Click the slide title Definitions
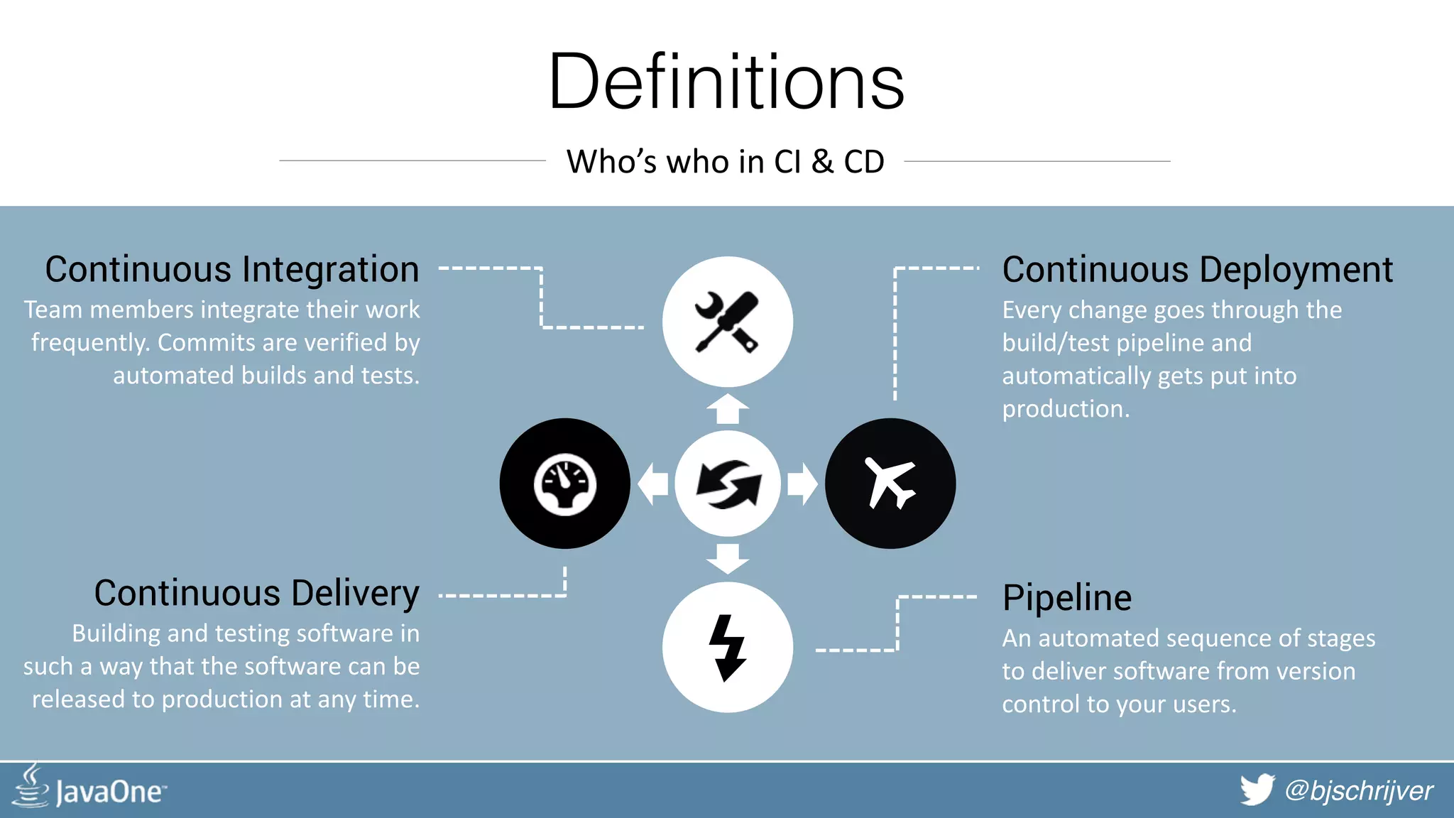pyautogui.click(x=726, y=82)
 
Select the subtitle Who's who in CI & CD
pyautogui.click(x=725, y=162)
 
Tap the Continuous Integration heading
pyautogui.click(x=232, y=270)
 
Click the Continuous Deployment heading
pyautogui.click(x=1197, y=270)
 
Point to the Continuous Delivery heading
pyautogui.click(x=256, y=594)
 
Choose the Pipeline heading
pyautogui.click(x=1066, y=598)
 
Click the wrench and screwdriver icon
pyautogui.click(x=727, y=322)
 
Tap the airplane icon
pyautogui.click(x=890, y=484)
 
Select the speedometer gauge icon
pyautogui.click(x=564, y=484)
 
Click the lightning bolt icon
pyautogui.click(x=727, y=648)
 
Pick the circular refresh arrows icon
pyautogui.click(x=728, y=484)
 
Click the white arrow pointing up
pyautogui.click(x=728, y=409)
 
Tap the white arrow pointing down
pyautogui.click(x=728, y=558)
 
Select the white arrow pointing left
pyautogui.click(x=652, y=484)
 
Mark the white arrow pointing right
pyautogui.click(x=802, y=484)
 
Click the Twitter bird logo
pyautogui.click(x=1257, y=790)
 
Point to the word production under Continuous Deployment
pyautogui.click(x=1065, y=409)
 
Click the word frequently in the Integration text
pyautogui.click(x=90, y=343)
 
